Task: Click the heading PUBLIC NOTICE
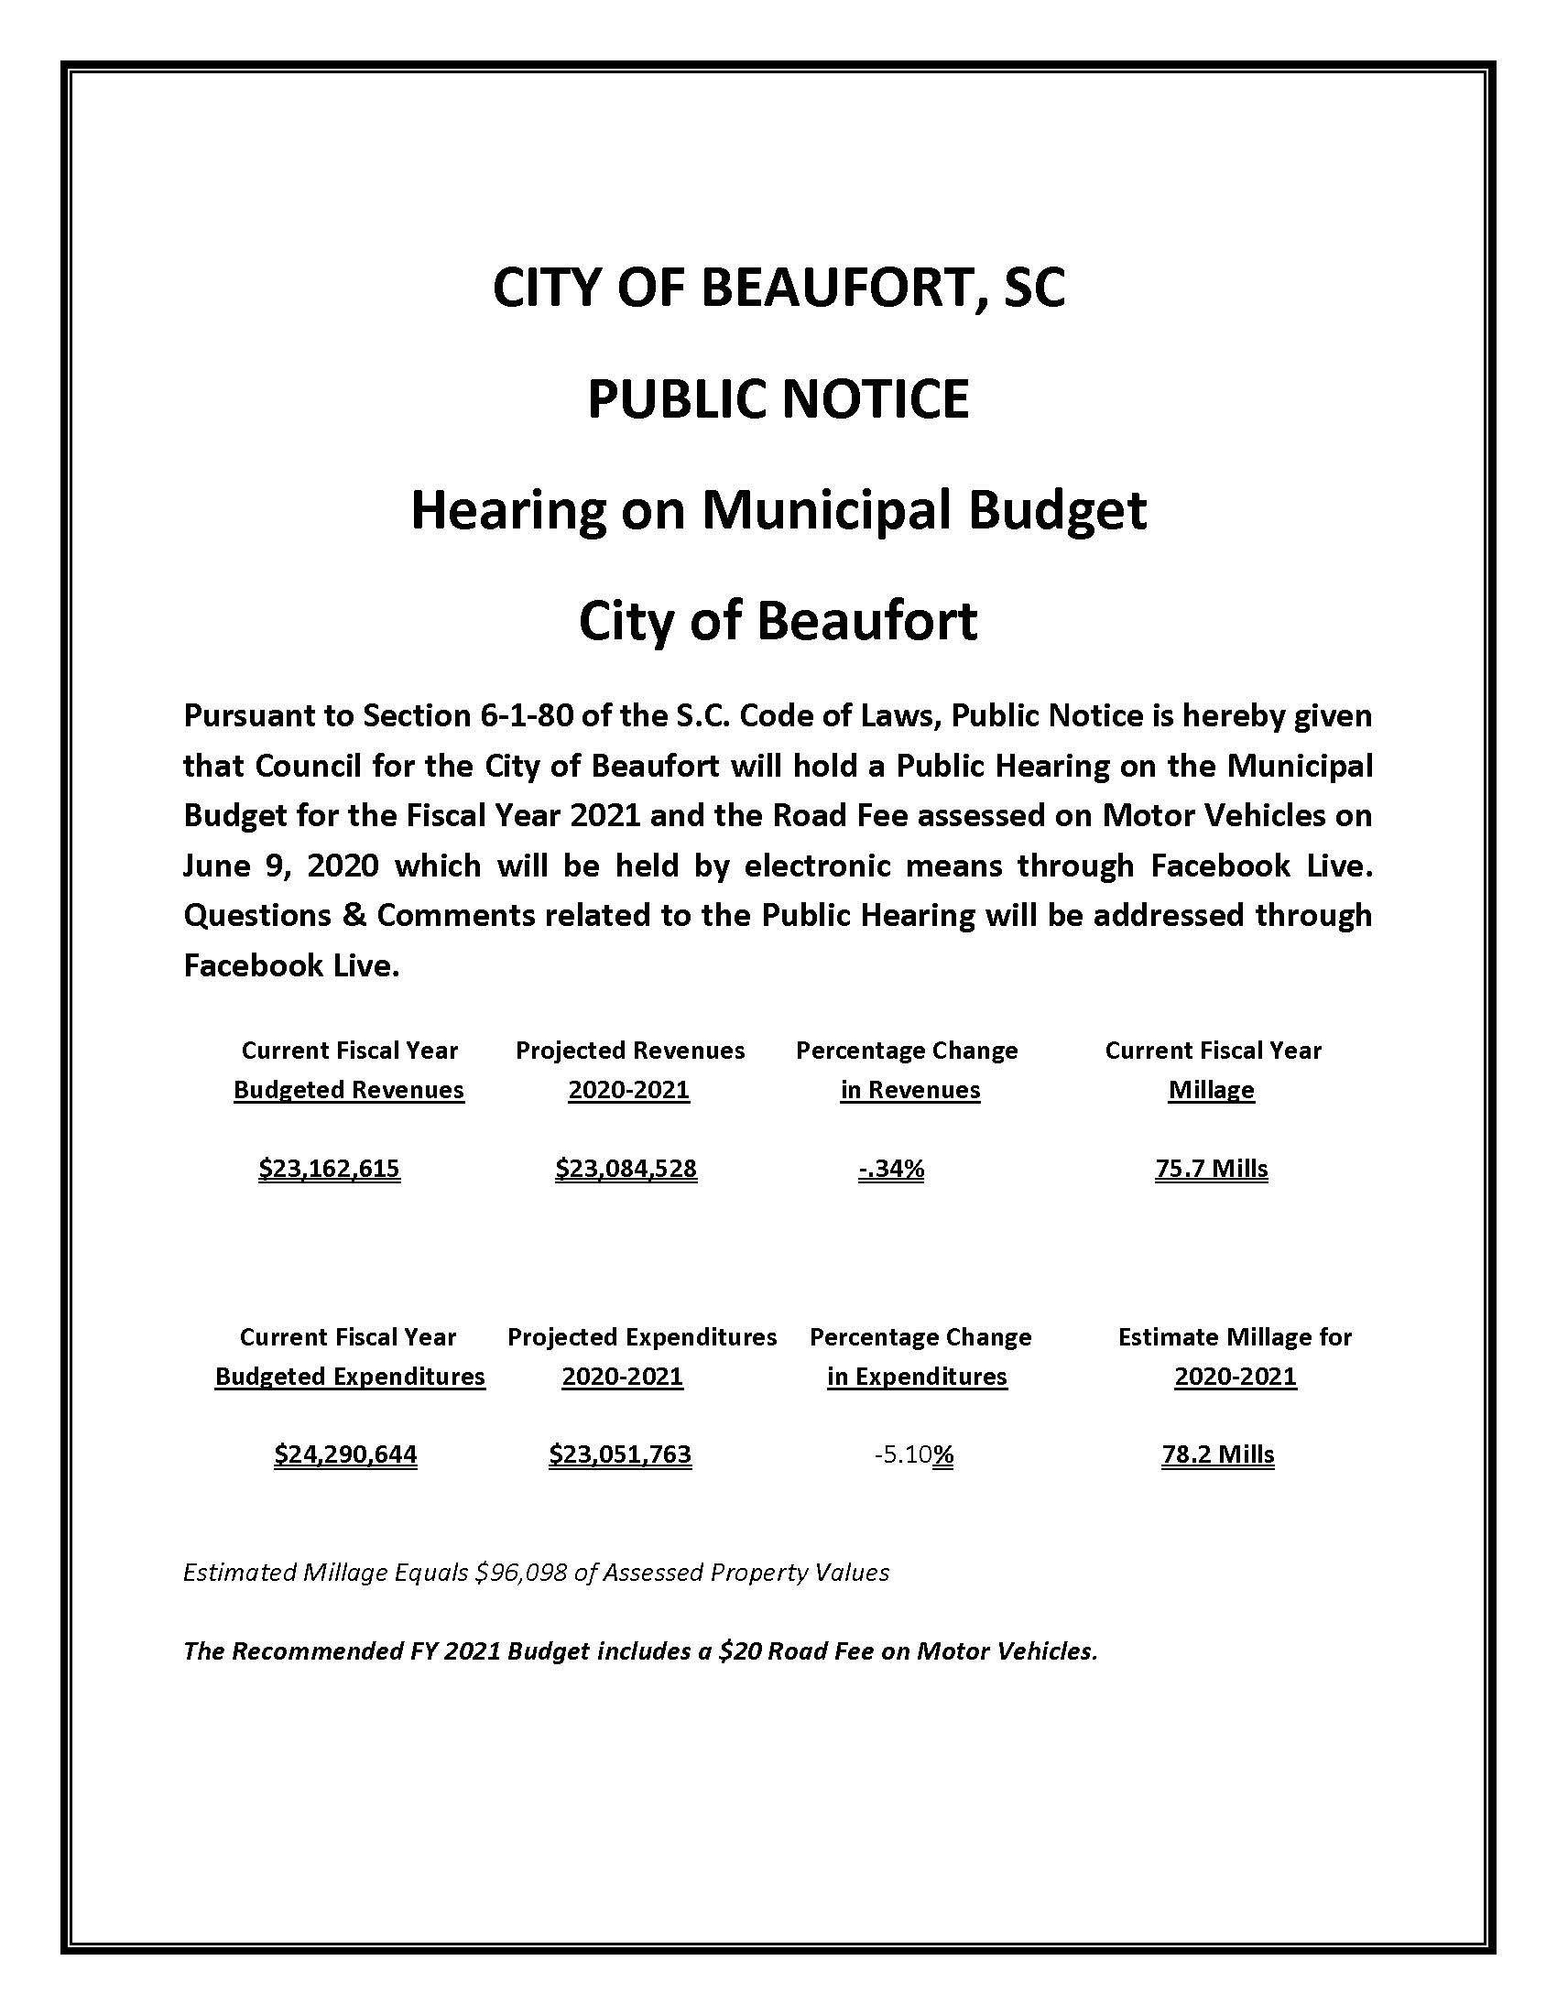(x=778, y=399)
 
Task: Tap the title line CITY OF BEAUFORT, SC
(x=778, y=288)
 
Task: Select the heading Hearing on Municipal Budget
(x=778, y=510)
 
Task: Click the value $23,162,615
(x=330, y=1169)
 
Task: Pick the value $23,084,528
(x=626, y=1169)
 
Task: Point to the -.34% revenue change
(x=891, y=1169)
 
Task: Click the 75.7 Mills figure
(x=1211, y=1169)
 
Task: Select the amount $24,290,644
(x=345, y=1455)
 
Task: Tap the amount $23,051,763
(x=620, y=1455)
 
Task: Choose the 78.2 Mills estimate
(x=1217, y=1455)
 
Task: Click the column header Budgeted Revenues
(x=349, y=1090)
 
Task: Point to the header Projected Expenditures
(x=642, y=1337)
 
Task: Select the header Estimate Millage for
(x=1235, y=1337)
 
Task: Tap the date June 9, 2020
(x=280, y=866)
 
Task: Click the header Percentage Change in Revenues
(x=908, y=1069)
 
